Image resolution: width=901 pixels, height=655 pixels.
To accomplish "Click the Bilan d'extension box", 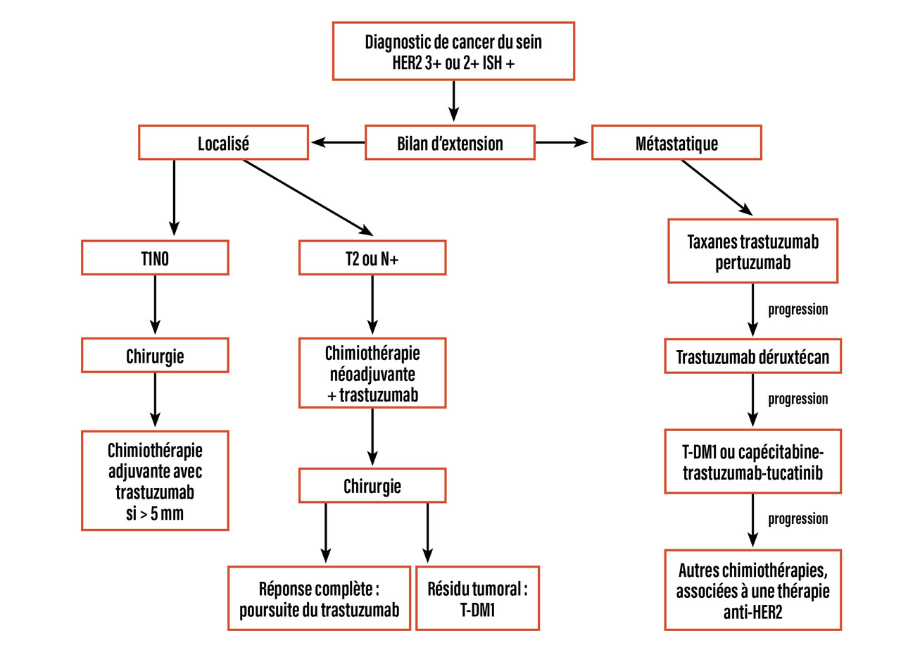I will [x=450, y=144].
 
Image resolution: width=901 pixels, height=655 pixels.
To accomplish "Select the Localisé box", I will [x=223, y=142].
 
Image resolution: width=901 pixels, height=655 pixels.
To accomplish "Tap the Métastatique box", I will [x=676, y=142].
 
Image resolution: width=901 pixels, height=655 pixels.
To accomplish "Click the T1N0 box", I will [x=155, y=258].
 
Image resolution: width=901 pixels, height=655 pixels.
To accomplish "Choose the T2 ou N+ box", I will [x=372, y=258].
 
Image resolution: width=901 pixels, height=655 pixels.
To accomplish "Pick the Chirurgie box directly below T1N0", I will [x=155, y=355].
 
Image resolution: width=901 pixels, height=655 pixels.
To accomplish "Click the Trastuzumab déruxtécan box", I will [x=752, y=358].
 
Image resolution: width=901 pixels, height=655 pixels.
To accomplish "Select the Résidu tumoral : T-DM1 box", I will [x=477, y=598].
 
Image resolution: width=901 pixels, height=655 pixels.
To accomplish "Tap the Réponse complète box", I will [x=319, y=598].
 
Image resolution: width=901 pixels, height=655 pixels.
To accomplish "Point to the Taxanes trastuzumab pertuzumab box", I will [x=752, y=251].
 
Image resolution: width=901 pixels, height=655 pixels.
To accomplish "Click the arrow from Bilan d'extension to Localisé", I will [x=338, y=143].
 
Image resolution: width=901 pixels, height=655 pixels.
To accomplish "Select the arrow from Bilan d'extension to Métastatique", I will [x=562, y=143].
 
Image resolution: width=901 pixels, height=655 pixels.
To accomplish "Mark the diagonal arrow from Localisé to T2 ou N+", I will [x=308, y=196].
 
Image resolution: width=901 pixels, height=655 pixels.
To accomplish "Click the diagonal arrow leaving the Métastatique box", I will [x=717, y=187].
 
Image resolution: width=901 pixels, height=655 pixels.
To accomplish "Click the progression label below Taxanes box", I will [x=798, y=310].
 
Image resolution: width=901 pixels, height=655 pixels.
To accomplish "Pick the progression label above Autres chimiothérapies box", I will [x=798, y=519].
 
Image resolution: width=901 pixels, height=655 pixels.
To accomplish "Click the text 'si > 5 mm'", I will [x=155, y=513].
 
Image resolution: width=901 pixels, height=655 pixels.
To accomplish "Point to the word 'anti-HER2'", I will [x=752, y=612].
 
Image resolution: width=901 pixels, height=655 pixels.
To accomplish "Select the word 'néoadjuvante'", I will [x=372, y=374].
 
